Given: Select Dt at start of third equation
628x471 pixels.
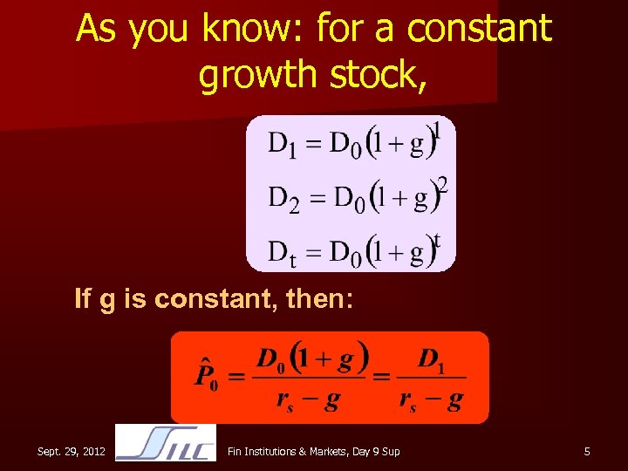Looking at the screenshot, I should [x=281, y=254].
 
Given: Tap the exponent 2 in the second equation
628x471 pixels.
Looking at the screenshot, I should [x=442, y=185].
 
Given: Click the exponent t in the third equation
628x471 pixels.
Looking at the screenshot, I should [x=437, y=240].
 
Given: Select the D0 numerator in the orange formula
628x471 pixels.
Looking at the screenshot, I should [x=271, y=358].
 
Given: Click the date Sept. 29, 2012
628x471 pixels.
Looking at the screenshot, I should [x=72, y=451].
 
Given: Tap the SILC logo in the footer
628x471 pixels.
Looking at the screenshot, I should [x=166, y=442].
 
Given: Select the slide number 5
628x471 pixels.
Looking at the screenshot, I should [x=587, y=451].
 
